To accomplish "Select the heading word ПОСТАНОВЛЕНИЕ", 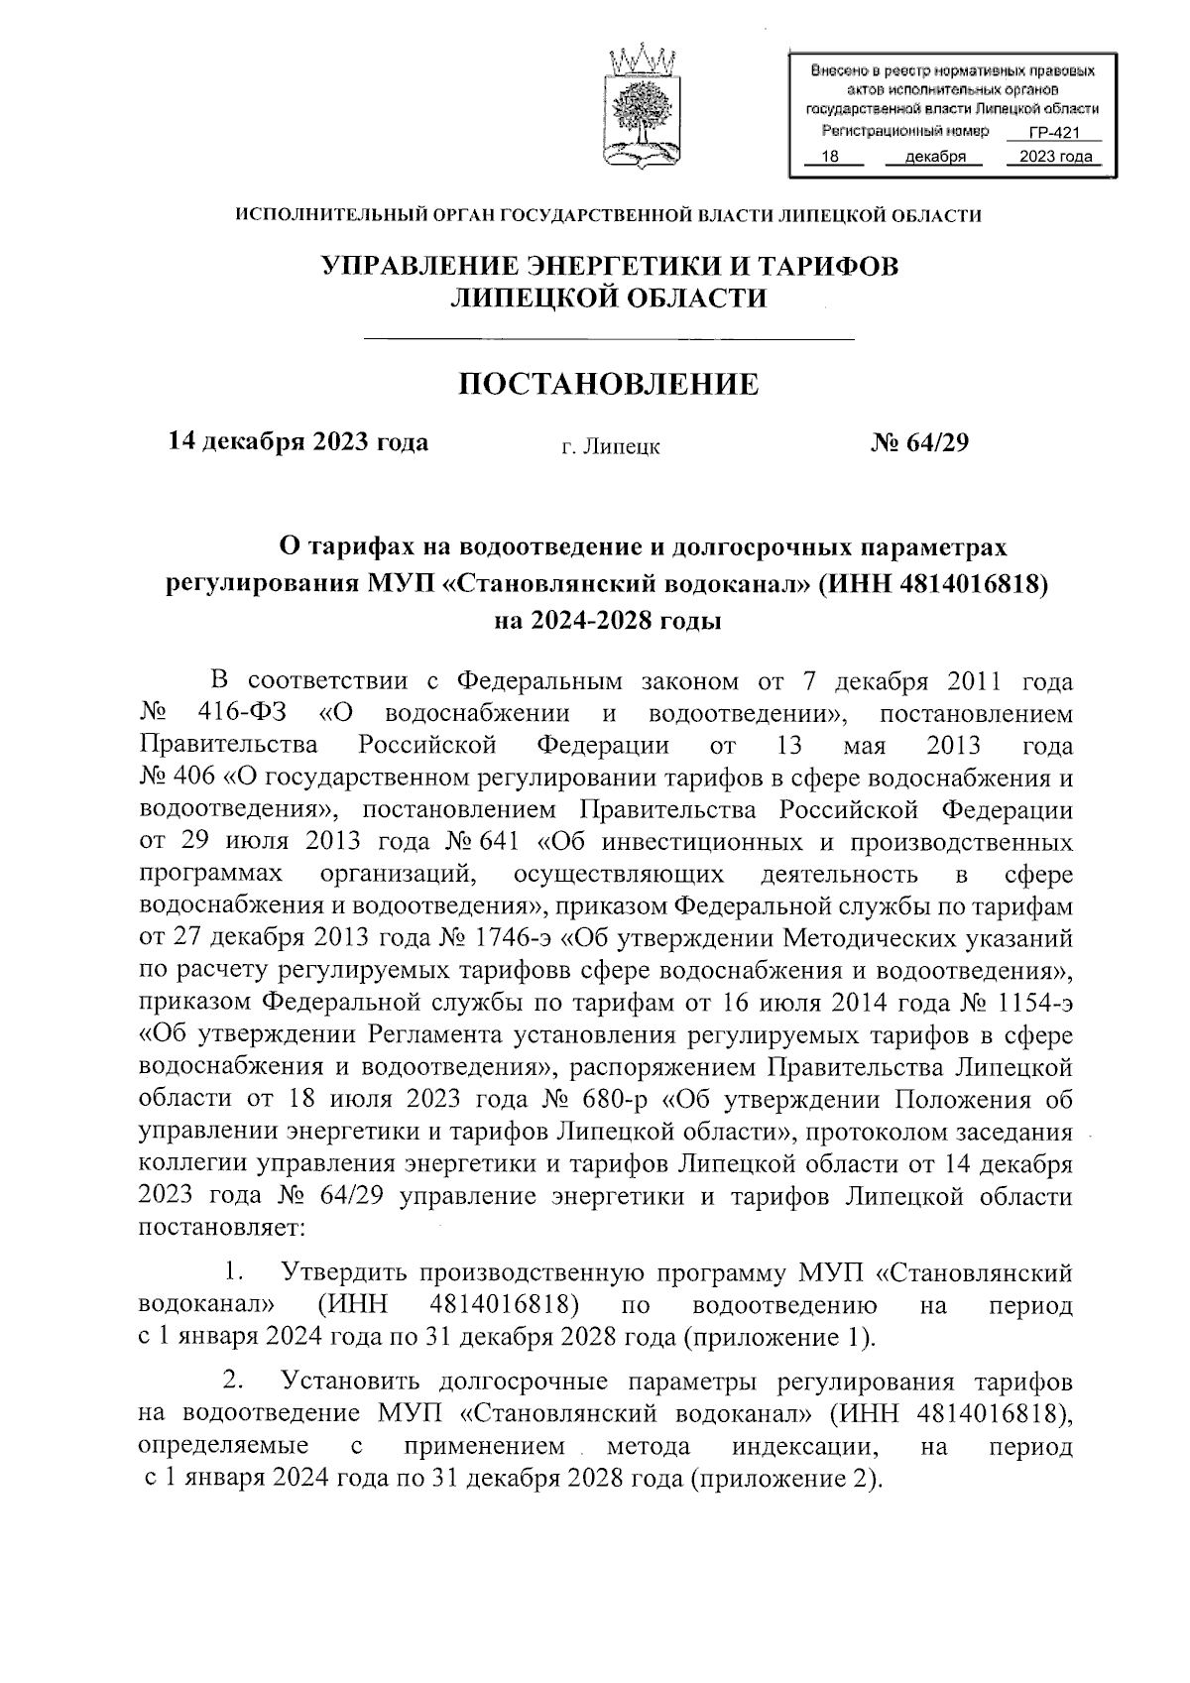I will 608,384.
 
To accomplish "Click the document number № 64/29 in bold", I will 918,442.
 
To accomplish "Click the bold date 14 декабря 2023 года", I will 298,442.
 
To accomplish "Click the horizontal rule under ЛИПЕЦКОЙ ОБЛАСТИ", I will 610,340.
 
